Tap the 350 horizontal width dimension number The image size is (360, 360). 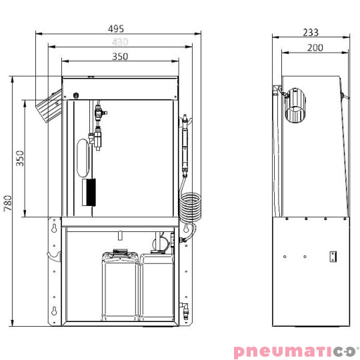(120, 57)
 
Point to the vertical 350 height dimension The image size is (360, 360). (20, 158)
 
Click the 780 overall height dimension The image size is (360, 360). (7, 203)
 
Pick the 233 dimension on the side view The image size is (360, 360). (310, 32)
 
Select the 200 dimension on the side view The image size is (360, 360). (315, 47)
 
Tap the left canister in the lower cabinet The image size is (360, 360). (120, 287)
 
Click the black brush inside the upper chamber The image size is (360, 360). (89, 192)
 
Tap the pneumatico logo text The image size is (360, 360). (295, 351)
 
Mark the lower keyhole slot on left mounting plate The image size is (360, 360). (53, 311)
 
